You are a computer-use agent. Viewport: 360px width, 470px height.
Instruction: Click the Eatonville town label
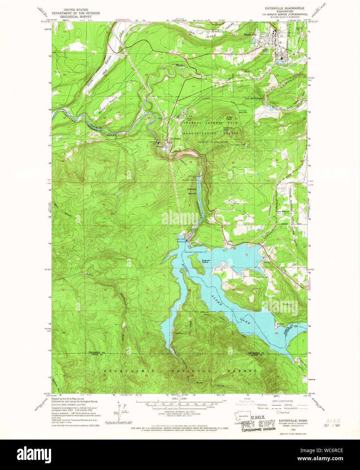pyautogui.click(x=251, y=34)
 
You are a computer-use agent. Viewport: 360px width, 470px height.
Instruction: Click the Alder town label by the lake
pyautogui.click(x=230, y=241)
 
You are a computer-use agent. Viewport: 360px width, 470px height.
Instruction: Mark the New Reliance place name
pyautogui.click(x=284, y=212)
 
